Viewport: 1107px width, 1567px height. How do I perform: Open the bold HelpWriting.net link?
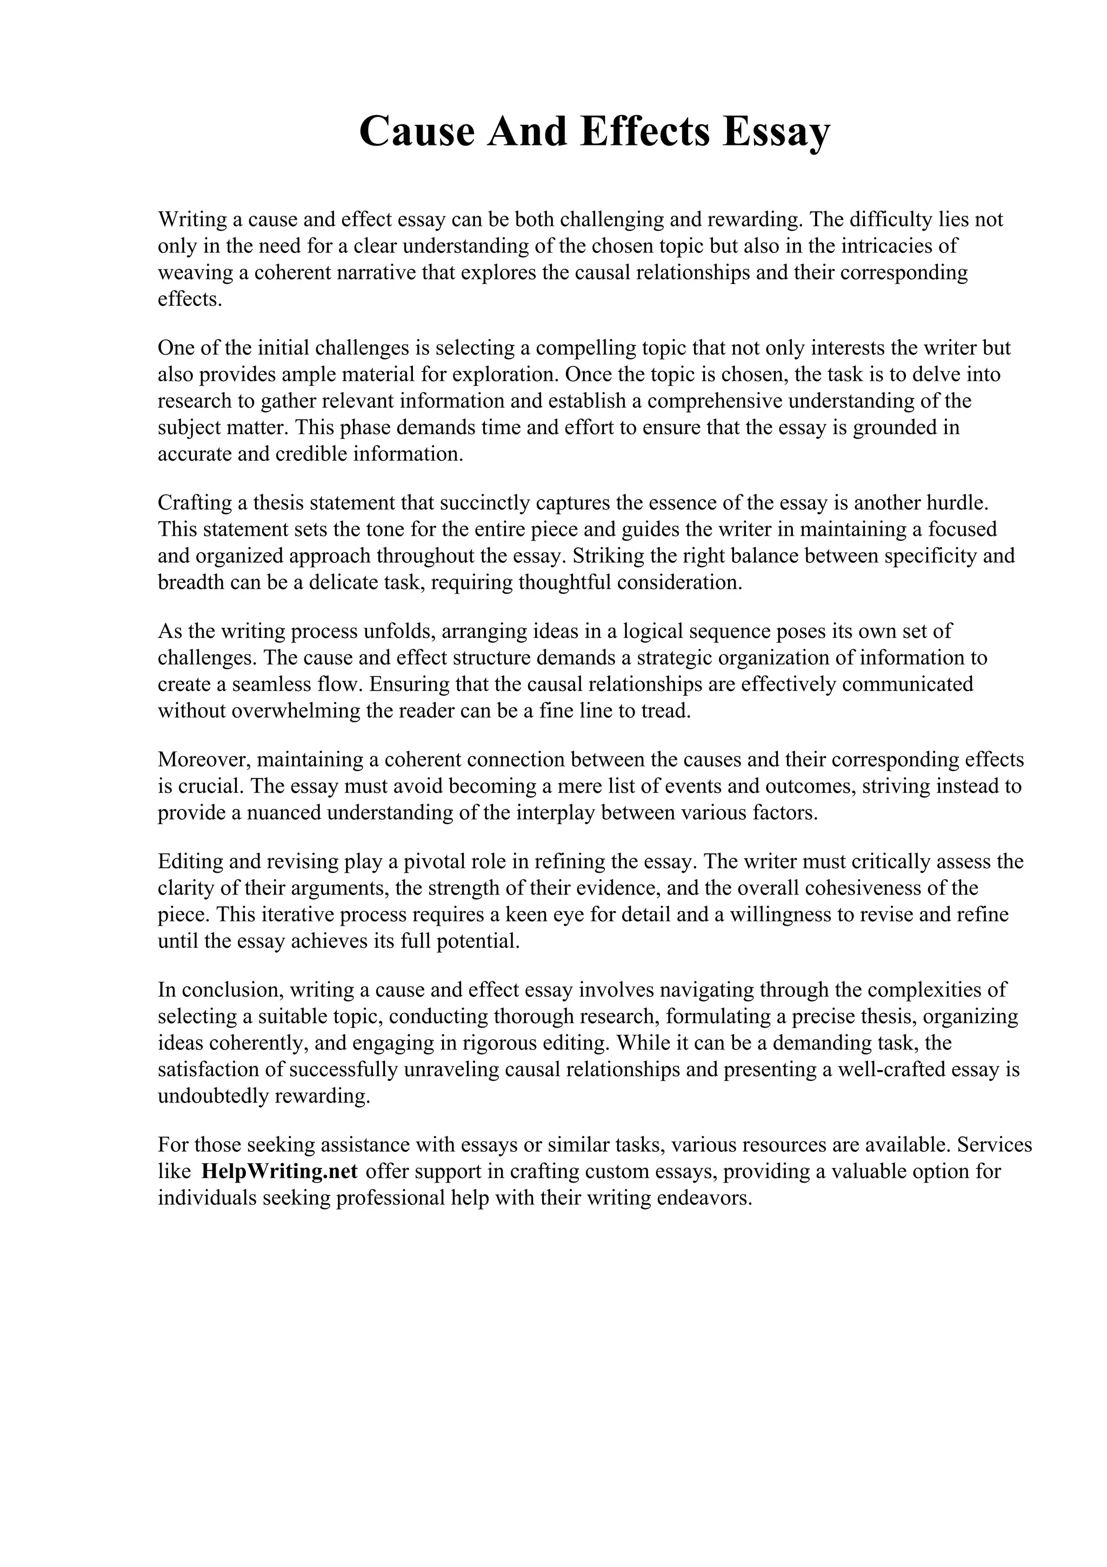[x=279, y=1171]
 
